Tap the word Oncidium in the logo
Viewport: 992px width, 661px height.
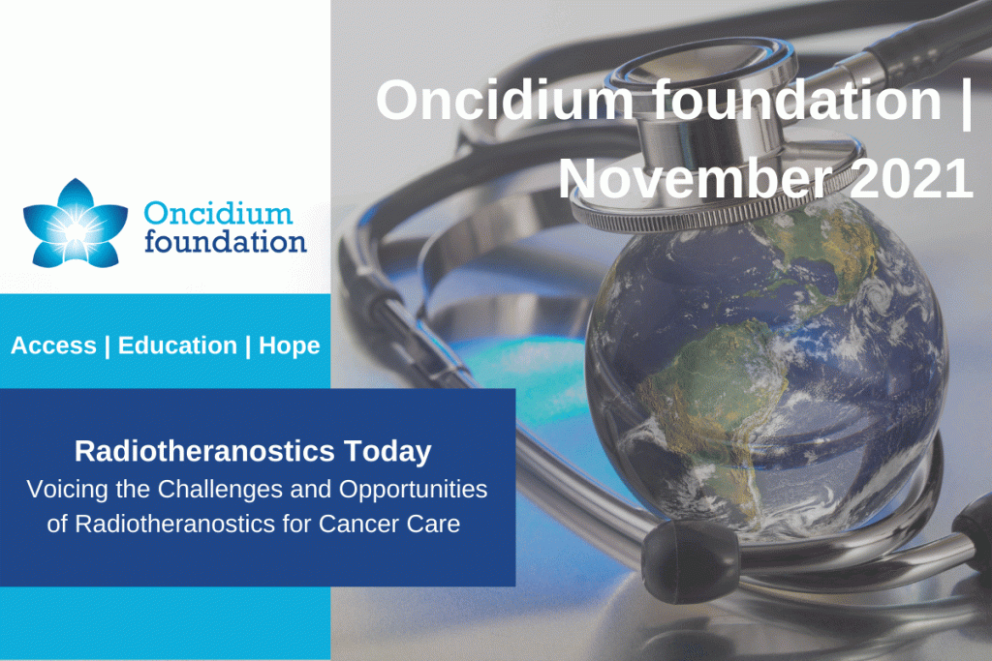tap(218, 214)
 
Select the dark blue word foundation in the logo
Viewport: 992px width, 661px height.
tap(225, 241)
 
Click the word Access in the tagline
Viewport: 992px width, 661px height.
tap(54, 346)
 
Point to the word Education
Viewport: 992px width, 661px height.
tap(177, 346)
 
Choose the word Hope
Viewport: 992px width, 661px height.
tap(289, 346)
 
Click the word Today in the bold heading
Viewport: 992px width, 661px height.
tap(387, 452)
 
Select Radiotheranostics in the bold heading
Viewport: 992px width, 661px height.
tap(204, 451)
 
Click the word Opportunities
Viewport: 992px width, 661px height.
tap(413, 490)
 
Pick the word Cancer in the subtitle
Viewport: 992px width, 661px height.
tap(358, 524)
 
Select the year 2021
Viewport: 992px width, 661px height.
tap(912, 178)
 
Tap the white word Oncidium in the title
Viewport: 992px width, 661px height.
tap(504, 100)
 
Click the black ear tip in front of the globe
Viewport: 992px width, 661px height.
tap(690, 559)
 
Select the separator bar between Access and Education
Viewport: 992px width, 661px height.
tap(107, 346)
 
